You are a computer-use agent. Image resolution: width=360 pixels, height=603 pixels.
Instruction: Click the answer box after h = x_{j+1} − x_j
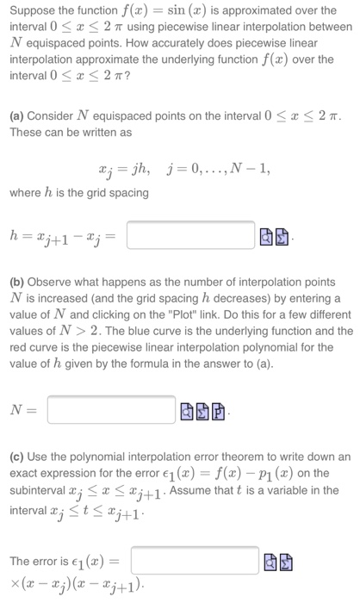tap(191, 234)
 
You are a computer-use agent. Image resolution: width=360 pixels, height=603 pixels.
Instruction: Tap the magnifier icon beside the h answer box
tap(267, 235)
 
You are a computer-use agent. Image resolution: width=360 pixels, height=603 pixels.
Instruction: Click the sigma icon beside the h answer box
tap(282, 235)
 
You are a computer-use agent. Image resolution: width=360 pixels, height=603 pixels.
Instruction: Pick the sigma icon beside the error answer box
tap(284, 563)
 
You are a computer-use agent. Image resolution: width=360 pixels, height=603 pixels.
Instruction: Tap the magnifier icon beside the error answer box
tap(269, 563)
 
